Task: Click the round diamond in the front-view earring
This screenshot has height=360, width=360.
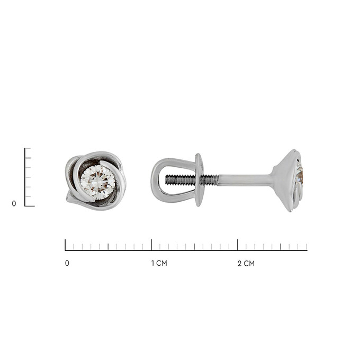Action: [x=98, y=182]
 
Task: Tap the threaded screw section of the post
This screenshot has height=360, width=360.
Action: [x=192, y=179]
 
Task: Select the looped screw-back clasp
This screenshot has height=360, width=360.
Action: [x=177, y=180]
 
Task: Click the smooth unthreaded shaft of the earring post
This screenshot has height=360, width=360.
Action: [x=245, y=179]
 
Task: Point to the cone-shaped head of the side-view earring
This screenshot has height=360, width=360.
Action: [x=287, y=181]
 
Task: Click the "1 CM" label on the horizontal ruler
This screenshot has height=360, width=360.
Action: [x=159, y=263]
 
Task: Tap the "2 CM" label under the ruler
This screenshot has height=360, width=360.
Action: [x=246, y=263]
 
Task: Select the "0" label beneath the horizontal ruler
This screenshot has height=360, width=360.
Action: [x=67, y=263]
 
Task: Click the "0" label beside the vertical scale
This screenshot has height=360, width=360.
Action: [x=14, y=203]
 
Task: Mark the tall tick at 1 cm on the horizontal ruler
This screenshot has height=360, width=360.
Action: [x=151, y=245]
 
